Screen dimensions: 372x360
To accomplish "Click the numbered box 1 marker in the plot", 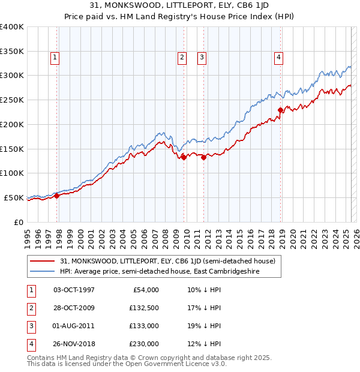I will (x=55, y=58).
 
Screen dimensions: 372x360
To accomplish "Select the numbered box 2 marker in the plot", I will (x=182, y=58).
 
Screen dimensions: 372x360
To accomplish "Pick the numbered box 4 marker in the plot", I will (x=279, y=58).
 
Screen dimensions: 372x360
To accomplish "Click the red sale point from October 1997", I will (x=56, y=196).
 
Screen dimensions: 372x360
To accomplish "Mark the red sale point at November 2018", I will (x=280, y=110).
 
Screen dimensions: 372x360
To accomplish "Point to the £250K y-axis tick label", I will (x=11, y=100).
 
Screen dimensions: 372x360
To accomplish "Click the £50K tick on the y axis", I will (x=13, y=197).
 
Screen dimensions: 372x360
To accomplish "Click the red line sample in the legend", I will (x=43, y=261).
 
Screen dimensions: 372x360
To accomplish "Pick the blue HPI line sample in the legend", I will (x=43, y=272).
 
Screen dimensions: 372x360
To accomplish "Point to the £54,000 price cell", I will (x=145, y=289).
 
